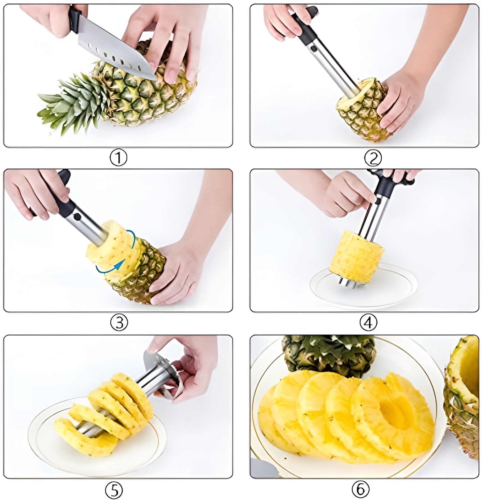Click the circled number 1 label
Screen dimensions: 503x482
[118, 158]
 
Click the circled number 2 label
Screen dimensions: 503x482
[373, 158]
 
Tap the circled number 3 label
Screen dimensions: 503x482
[119, 322]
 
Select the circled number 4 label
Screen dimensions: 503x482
[368, 322]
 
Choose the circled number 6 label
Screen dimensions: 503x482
[360, 489]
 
